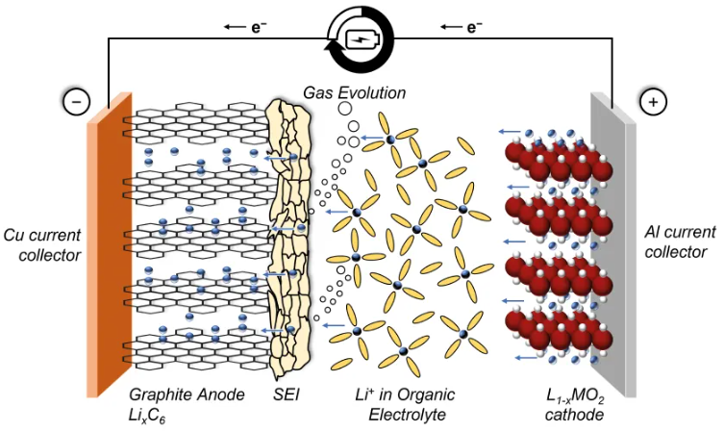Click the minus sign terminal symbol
[76, 100]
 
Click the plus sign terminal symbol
[652, 100]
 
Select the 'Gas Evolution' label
[355, 93]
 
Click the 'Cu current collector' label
[40, 245]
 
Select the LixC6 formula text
[154, 415]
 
